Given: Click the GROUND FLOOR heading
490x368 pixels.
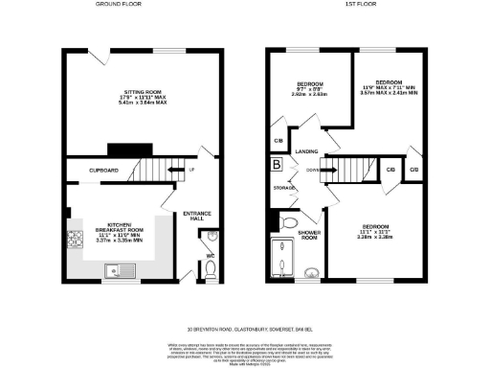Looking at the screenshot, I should pos(113,5).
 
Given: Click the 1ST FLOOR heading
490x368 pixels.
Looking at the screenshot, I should pos(358,5).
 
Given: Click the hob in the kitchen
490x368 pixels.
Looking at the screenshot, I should pos(75,239).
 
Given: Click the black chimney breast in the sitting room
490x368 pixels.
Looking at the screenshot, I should pos(123,149).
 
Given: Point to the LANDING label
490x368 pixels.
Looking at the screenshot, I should pos(306,151).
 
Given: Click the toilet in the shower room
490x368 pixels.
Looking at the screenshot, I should pos(289,222).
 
